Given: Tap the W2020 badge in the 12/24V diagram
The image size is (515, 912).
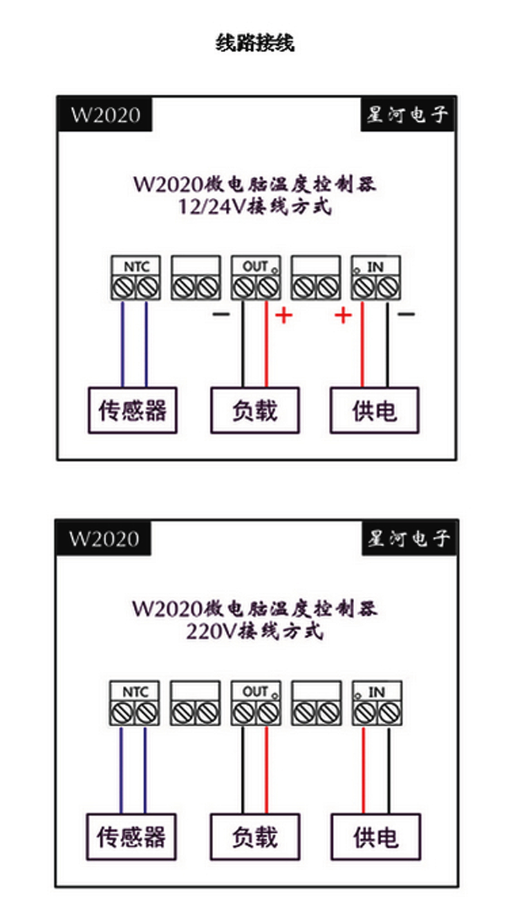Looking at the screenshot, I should (x=105, y=115).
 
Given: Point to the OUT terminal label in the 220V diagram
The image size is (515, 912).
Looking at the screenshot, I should (x=255, y=692).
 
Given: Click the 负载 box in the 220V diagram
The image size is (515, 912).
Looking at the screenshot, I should (x=255, y=837).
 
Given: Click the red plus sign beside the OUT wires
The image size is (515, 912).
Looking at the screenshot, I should (x=284, y=315).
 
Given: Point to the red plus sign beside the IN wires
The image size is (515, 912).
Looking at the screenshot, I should (x=344, y=315).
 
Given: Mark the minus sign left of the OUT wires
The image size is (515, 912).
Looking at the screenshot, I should (x=220, y=315).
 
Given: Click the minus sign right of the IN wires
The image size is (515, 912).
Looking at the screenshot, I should (x=406, y=315).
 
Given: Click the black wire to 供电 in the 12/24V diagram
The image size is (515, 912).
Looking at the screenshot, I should (x=388, y=345).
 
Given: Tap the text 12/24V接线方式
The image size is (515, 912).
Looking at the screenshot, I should (x=256, y=208).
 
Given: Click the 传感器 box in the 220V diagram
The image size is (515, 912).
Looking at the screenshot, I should (x=131, y=837).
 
